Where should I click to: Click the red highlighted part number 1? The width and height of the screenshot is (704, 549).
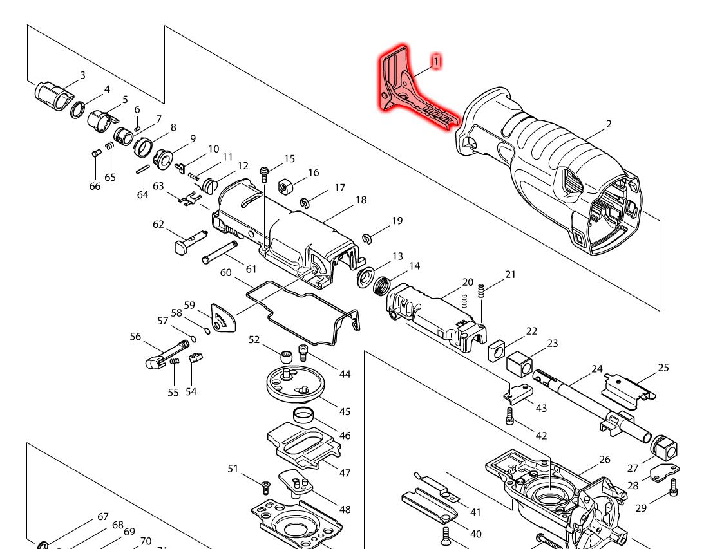pos(436,61)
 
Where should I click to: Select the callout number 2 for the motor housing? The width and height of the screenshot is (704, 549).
pos(609,124)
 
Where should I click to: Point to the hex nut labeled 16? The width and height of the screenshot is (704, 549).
pos(285,187)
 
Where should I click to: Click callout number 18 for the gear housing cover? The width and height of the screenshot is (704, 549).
pos(361,200)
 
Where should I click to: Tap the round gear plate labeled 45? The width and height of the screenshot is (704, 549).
pos(293,384)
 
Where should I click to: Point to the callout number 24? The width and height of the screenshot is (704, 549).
pos(597,369)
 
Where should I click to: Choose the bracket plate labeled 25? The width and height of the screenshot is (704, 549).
pos(628,388)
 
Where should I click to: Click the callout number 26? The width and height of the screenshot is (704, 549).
pos(604,459)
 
